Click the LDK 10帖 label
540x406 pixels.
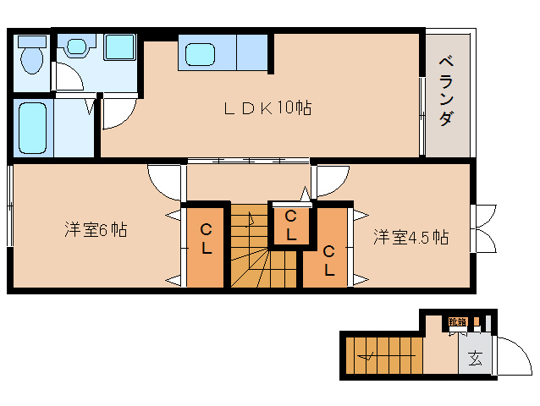[x=267, y=108]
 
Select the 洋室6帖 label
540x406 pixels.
[x=96, y=229]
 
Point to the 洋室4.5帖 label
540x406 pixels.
[x=411, y=238]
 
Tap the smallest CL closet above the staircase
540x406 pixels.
[x=290, y=225]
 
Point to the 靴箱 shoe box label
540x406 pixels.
[x=457, y=321]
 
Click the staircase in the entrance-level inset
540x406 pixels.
[x=381, y=355]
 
